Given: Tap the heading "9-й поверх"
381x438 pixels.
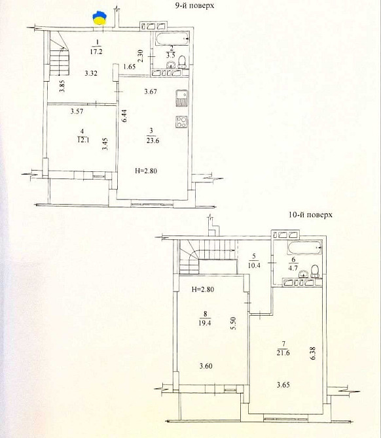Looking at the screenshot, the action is (194, 5).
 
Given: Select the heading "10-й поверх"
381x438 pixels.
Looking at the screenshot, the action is (310, 214).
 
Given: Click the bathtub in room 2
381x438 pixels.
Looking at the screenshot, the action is (172, 39).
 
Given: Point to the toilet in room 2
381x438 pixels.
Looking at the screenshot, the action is (182, 61).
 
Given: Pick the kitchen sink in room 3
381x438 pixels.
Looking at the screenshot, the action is (182, 98).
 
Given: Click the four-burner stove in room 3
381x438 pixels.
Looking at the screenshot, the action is (182, 122).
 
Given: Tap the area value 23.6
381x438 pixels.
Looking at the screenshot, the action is (153, 141).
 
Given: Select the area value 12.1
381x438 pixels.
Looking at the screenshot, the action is (83, 140).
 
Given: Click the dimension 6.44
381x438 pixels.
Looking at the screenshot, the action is (124, 115).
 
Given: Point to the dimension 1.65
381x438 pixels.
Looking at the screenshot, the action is (129, 67).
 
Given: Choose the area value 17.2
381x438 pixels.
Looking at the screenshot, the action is (96, 52).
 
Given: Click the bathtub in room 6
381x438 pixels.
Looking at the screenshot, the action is (304, 249).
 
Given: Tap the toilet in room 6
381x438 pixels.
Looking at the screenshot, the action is (316, 271).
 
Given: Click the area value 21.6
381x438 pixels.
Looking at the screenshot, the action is (283, 352).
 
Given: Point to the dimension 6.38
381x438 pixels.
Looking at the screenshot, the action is (313, 353).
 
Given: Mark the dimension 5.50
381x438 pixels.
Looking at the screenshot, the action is (234, 323).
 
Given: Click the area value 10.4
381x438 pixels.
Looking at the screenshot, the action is (254, 265).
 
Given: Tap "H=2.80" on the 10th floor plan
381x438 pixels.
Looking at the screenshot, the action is (203, 289).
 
